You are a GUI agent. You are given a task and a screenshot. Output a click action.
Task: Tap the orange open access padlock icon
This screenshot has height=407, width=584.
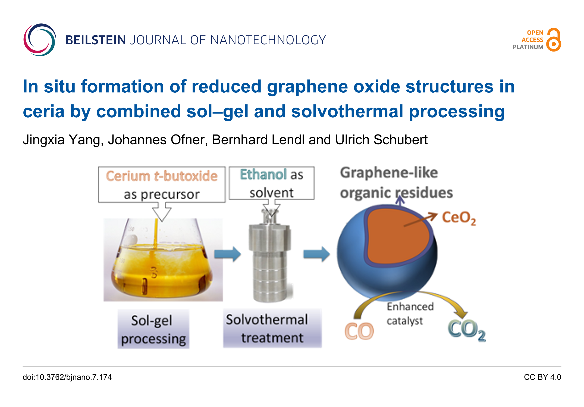tap(554, 40)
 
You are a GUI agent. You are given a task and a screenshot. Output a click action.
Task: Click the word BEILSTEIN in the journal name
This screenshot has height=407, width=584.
tap(95, 40)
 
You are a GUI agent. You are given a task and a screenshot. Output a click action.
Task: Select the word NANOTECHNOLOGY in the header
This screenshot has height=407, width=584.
tap(268, 40)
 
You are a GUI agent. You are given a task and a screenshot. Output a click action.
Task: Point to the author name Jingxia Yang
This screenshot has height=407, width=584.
tap(63, 140)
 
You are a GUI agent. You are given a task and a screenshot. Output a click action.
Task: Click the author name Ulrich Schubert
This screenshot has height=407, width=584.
tap(381, 140)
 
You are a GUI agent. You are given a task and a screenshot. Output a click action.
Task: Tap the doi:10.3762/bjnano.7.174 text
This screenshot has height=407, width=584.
tap(67, 377)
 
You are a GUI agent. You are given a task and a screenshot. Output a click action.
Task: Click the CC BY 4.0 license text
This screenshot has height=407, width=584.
tap(542, 377)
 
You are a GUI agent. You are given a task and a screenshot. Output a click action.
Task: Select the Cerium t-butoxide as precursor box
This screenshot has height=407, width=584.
tap(162, 184)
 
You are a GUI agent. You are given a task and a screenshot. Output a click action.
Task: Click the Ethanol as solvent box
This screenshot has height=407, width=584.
tap(272, 183)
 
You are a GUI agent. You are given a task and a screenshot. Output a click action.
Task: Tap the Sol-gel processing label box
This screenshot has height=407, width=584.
tap(153, 329)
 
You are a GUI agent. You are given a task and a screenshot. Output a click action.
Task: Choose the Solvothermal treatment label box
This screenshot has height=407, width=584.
tap(272, 328)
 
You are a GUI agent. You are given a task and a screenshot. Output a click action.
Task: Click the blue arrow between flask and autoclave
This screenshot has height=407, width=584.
tap(228, 254)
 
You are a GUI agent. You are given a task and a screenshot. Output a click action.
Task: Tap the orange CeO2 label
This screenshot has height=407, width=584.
tap(459, 218)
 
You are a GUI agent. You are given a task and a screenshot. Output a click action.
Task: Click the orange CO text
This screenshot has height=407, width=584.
tap(359, 331)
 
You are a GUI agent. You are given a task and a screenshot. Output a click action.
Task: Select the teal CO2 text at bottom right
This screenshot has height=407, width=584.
tap(467, 330)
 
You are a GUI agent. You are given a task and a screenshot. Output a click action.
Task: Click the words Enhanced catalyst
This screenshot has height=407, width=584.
tap(410, 314)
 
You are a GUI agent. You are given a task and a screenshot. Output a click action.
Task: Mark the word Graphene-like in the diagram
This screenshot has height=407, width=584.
tap(389, 173)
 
